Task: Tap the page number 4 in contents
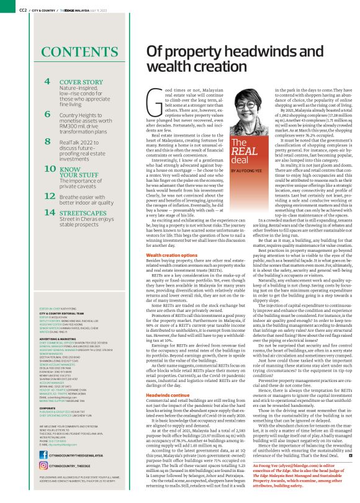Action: point(47,81)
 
